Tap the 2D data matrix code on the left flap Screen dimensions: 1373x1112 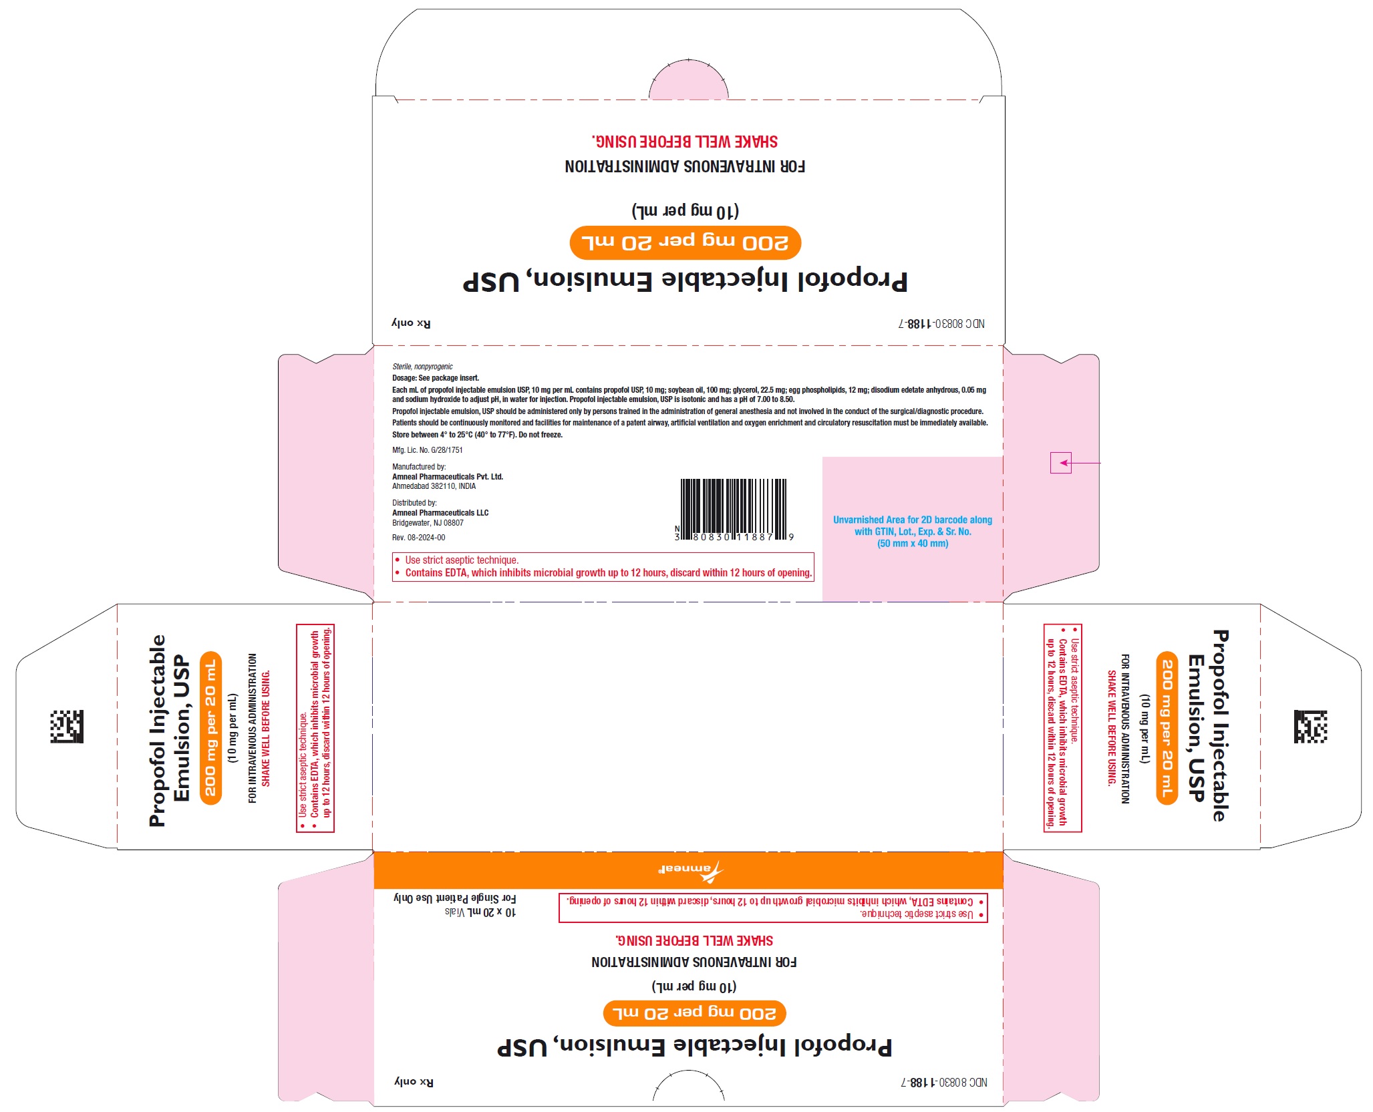point(67,727)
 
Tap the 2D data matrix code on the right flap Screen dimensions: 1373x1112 point(1310,727)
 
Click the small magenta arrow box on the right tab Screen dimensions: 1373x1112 point(1060,463)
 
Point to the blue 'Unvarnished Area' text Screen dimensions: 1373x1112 point(913,532)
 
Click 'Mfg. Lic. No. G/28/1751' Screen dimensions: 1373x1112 point(428,450)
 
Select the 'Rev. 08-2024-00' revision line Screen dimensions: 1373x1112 point(419,538)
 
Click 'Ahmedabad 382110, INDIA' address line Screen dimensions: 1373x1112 point(434,486)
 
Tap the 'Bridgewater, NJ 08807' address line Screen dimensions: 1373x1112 point(428,523)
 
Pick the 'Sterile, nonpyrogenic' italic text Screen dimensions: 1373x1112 point(422,367)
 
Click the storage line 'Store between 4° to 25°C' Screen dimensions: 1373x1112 point(478,435)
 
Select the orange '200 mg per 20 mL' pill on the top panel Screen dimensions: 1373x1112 point(685,242)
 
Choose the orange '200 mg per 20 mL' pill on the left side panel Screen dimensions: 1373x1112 point(210,728)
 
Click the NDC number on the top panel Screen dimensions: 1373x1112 point(942,323)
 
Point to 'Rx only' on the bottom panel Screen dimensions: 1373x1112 point(414,1082)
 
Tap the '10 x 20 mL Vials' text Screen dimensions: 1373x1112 point(480,912)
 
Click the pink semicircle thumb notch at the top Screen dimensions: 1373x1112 point(689,79)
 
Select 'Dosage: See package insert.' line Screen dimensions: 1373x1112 point(436,378)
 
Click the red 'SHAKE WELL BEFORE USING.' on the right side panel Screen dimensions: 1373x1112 point(1112,728)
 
